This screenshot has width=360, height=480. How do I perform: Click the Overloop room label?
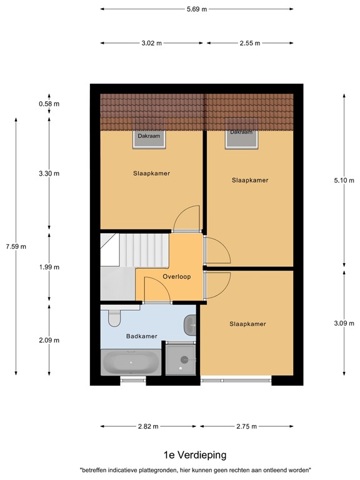[x=176, y=276]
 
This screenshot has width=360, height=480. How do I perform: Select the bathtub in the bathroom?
[x=132, y=362]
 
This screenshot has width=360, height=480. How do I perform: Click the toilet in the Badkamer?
[x=114, y=319]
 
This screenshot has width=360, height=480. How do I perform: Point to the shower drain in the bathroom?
[x=184, y=359]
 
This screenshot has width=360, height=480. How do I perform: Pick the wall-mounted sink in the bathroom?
[x=191, y=324]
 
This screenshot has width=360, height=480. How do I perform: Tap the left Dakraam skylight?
[x=149, y=138]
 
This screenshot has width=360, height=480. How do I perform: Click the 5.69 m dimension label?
[x=196, y=10]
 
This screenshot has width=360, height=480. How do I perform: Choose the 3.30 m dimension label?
[x=49, y=173]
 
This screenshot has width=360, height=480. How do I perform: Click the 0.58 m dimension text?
[x=49, y=104]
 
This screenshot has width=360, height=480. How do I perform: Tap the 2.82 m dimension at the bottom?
[x=149, y=426]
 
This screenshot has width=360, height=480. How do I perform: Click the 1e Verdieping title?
[x=195, y=454]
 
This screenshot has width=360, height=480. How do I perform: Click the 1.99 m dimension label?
[x=49, y=267]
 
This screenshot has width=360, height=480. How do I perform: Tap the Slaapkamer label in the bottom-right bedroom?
[x=247, y=324]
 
